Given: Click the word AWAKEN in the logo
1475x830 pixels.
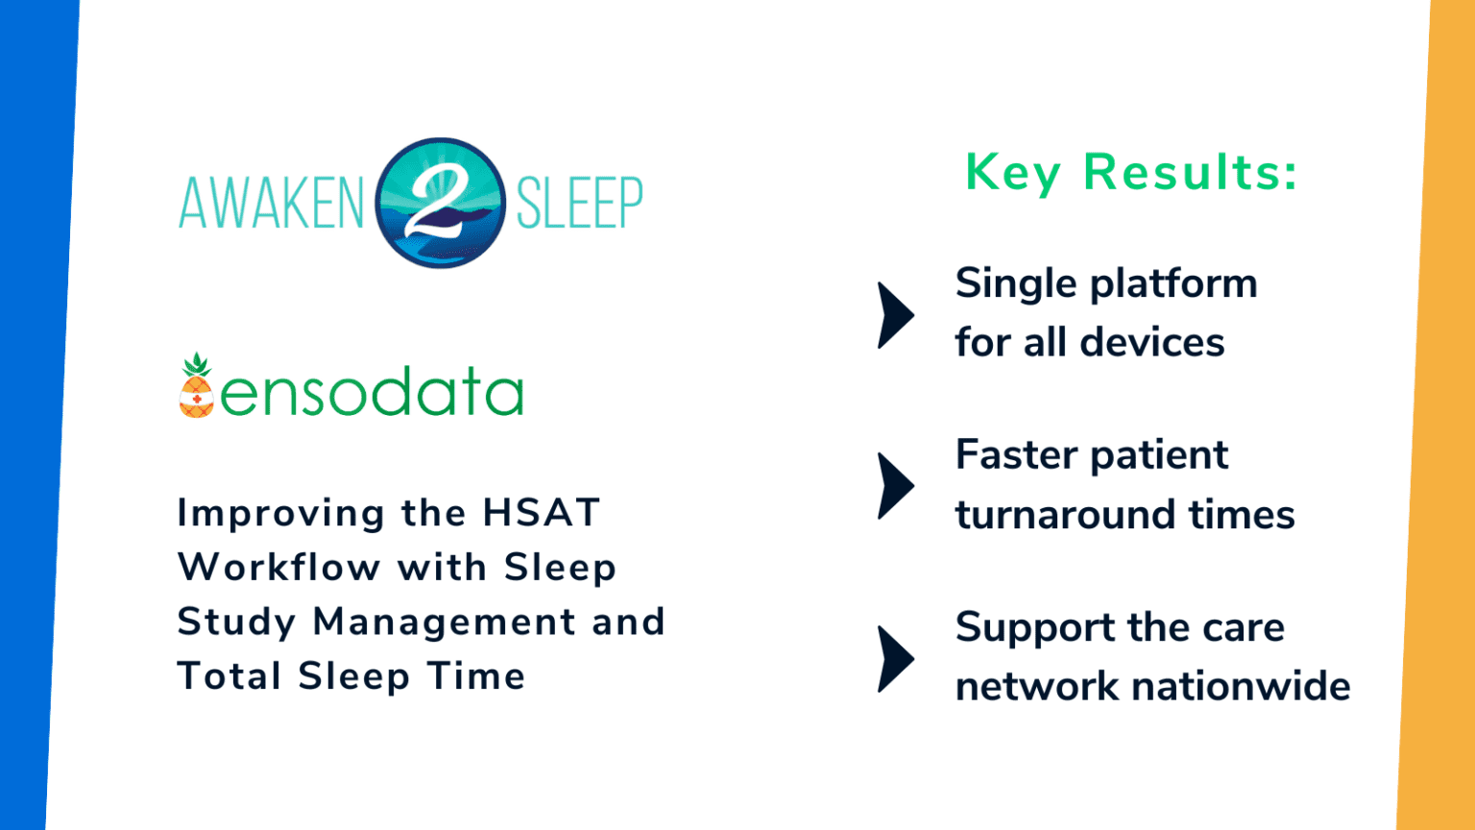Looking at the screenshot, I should (x=271, y=203).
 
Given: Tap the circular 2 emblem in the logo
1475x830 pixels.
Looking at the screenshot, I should (x=440, y=203).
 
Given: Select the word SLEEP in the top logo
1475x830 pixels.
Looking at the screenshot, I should (x=580, y=203).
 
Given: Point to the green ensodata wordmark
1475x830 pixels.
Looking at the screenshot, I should (x=372, y=393).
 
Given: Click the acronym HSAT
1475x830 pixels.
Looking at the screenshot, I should (x=541, y=513).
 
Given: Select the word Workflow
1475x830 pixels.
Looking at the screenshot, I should (x=279, y=568).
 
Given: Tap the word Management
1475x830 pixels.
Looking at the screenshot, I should (x=445, y=622).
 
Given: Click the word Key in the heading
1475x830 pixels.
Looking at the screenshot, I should (x=1012, y=174).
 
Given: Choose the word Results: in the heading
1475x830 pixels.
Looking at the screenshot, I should (x=1191, y=173).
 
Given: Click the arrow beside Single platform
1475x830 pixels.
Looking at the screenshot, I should (x=896, y=315).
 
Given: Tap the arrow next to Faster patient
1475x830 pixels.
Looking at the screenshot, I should (x=896, y=486).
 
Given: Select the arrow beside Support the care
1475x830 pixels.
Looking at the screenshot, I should (x=896, y=659).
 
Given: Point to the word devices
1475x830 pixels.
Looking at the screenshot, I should (x=1152, y=343).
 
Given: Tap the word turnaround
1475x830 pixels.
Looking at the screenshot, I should (x=1065, y=515).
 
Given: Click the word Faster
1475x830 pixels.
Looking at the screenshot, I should (x=1015, y=455).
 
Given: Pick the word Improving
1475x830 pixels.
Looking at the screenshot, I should (x=281, y=514).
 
